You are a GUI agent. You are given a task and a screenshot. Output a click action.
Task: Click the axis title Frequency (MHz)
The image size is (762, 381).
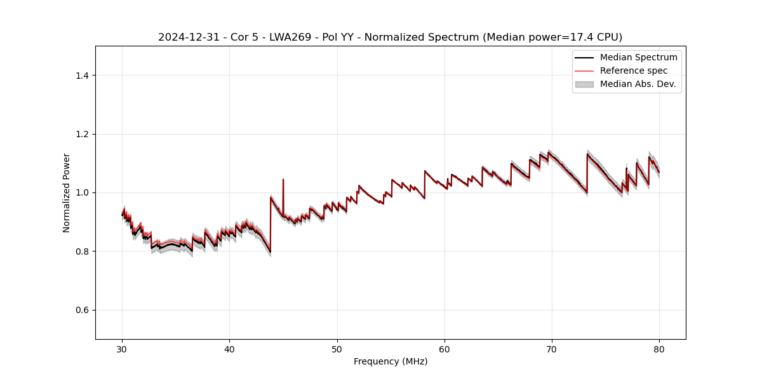pos(391,361)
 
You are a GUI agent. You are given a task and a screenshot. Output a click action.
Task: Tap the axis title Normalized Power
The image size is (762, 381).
pos(67,192)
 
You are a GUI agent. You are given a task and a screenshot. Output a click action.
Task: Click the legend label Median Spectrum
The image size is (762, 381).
pos(638,57)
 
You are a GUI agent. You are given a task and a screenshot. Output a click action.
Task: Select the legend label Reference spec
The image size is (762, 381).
pos(634,70)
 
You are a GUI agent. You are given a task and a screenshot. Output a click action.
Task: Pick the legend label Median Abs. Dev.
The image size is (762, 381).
pos(638,84)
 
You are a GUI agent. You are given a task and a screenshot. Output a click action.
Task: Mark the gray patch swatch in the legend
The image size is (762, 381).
pos(584,84)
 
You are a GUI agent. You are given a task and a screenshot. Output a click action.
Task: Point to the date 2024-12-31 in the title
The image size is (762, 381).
pos(186,37)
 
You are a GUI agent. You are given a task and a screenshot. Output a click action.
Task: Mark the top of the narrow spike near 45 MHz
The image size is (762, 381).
pos(283,179)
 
